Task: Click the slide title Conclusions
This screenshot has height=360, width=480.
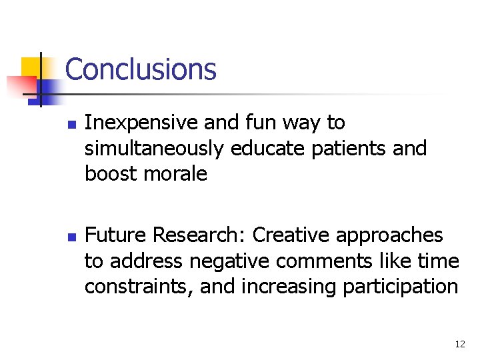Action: (141, 69)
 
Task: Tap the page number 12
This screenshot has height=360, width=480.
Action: (459, 344)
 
